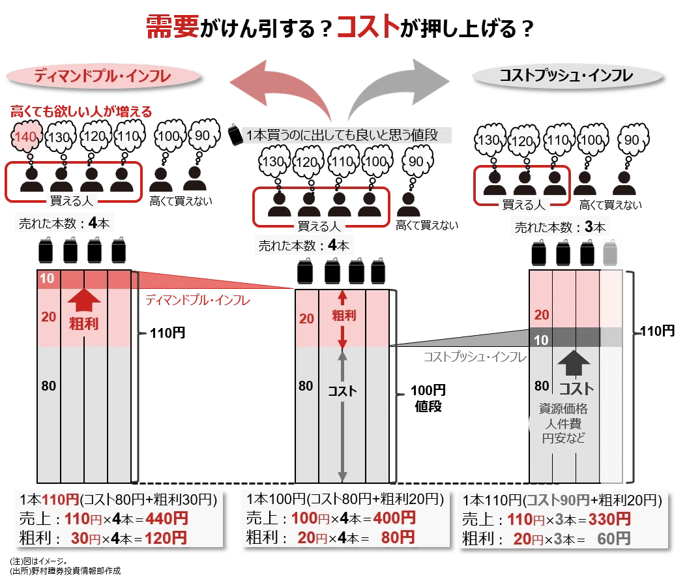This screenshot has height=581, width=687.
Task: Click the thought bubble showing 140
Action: [26, 137]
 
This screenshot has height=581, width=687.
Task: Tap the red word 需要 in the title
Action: [173, 27]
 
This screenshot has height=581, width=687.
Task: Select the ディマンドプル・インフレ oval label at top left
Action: [103, 77]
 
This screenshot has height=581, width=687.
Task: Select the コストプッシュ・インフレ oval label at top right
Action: [567, 76]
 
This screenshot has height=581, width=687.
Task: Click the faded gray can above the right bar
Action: [610, 253]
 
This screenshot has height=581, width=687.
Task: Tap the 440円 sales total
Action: [167, 519]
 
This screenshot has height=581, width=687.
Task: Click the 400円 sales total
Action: [394, 518]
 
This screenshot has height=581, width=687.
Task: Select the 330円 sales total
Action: [609, 519]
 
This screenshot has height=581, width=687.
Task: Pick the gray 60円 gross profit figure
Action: [614, 539]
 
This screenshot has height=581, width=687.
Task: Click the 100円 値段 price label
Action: [428, 398]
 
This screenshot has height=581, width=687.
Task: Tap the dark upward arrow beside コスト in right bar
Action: [574, 363]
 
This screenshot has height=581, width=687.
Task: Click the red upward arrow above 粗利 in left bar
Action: [84, 301]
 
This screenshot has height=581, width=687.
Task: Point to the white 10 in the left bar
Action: [47, 278]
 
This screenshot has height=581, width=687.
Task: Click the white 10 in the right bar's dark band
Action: [541, 340]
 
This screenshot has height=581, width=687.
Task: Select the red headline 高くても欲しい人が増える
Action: [81, 112]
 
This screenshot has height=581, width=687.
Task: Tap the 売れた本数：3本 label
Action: [561, 227]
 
